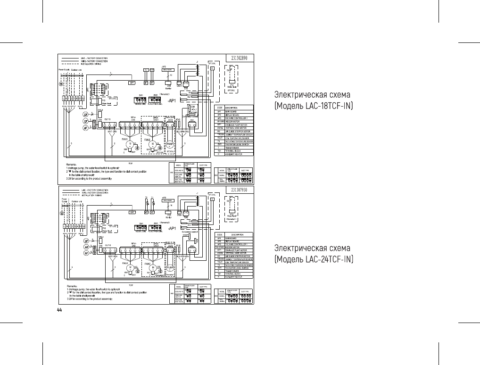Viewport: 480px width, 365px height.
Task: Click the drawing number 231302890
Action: tap(242, 58)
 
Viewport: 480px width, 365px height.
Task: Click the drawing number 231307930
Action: tap(242, 190)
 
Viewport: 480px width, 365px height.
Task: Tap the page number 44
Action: tap(59, 310)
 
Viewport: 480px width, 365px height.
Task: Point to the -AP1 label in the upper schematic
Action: tap(169, 101)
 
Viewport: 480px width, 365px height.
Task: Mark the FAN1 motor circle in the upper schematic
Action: tap(126, 145)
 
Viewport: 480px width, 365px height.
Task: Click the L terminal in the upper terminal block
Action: tap(64, 98)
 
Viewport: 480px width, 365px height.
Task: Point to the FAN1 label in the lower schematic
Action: tap(125, 264)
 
